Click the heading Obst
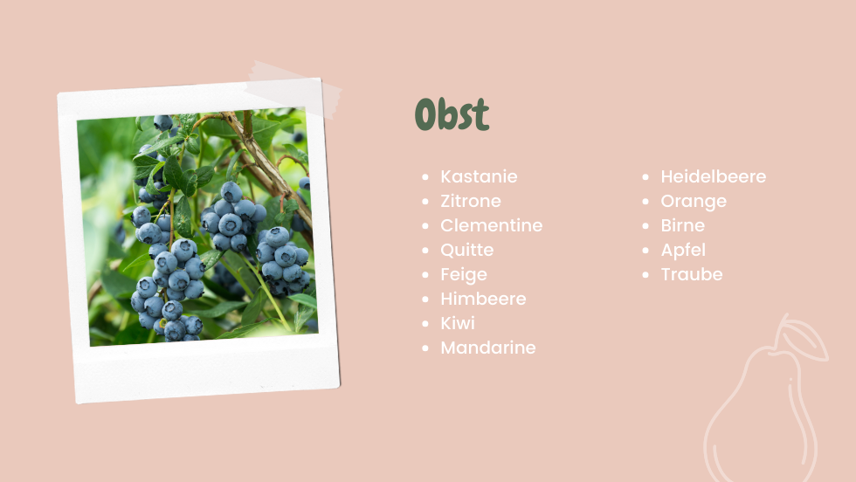pos(452,114)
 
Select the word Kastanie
pos(479,176)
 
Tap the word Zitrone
pos(471,201)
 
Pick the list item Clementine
pos(491,225)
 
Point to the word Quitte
pos(466,250)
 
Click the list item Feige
pos(464,274)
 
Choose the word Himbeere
pos(483,299)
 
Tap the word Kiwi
pos(458,323)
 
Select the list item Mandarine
pos(488,348)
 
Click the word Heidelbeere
pos(713,176)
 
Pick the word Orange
pos(694,202)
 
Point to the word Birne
pos(682,225)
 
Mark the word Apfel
pos(683,250)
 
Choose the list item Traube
pos(692,274)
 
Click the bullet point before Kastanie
pos(426,177)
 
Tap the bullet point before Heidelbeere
pos(645,177)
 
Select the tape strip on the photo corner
pos(295,89)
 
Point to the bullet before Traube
pos(645,274)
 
